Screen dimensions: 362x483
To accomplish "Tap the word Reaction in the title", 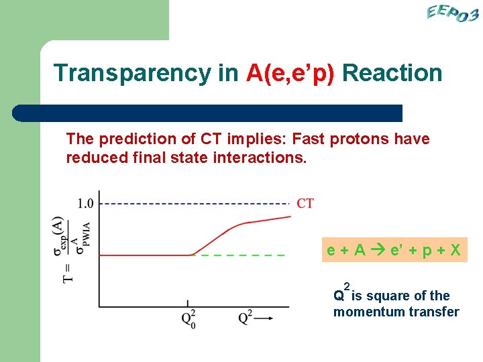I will point(392,73).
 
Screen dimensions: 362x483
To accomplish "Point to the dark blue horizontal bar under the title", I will point(208,113).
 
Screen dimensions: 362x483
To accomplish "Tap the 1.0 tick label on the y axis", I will point(86,203).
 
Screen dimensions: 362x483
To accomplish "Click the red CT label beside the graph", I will point(305,203).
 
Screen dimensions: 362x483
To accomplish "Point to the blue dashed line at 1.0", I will point(195,203).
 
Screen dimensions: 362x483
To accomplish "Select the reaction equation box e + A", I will point(393,251).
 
